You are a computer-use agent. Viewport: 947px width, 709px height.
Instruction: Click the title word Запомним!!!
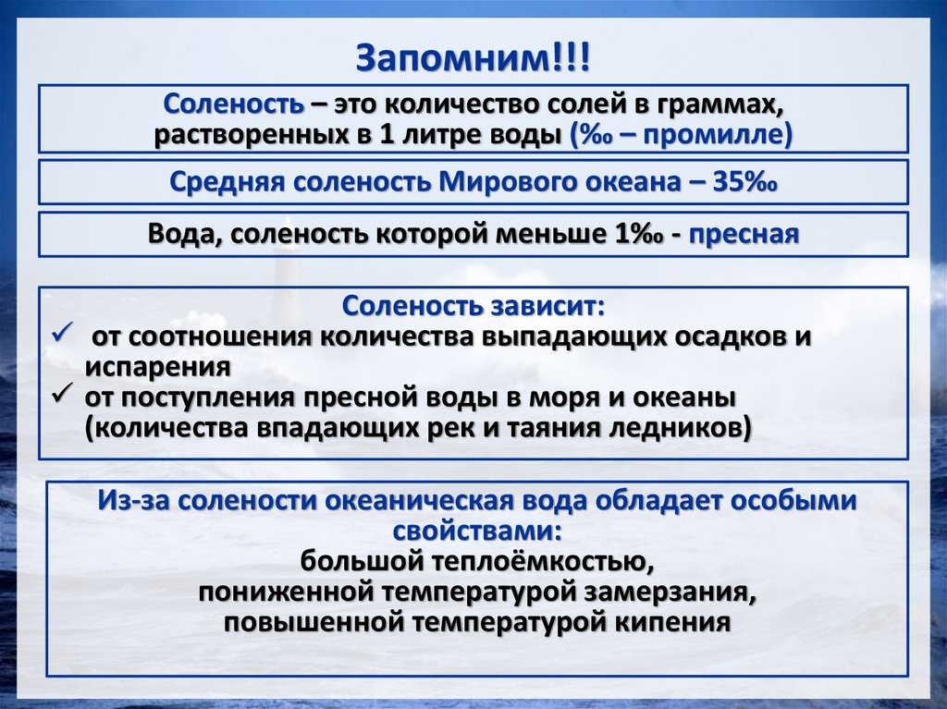click(473, 58)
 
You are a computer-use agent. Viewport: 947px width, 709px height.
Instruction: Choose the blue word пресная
click(744, 235)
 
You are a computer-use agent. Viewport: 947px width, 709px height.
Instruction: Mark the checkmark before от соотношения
click(62, 334)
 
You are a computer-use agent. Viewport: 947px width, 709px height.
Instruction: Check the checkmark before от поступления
click(62, 396)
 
